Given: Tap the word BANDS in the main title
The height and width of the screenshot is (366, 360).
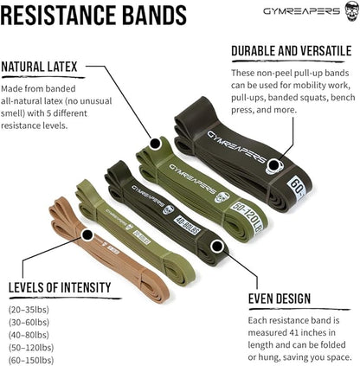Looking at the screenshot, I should (x=154, y=15).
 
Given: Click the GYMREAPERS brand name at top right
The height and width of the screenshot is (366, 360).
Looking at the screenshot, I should (x=292, y=15).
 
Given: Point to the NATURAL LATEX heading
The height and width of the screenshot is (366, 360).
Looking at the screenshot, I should (x=40, y=67).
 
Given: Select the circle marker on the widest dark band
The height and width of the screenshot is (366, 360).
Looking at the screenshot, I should (x=275, y=164).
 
